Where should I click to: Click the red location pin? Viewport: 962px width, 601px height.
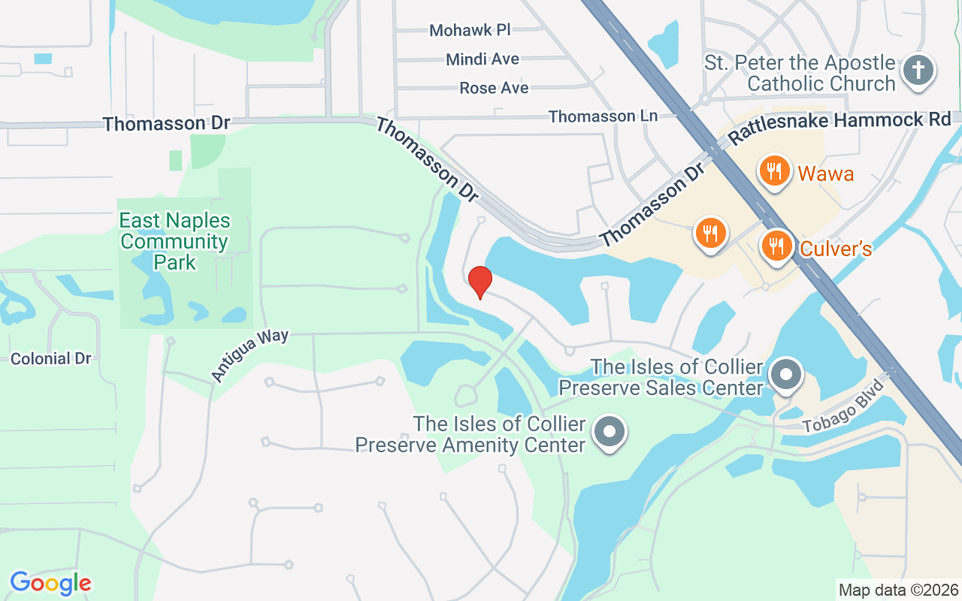(x=480, y=282)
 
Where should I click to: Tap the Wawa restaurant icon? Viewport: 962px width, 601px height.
(x=774, y=171)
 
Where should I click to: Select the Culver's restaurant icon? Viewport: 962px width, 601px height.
(x=776, y=246)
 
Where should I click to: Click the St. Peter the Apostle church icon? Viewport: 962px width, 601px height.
(x=918, y=71)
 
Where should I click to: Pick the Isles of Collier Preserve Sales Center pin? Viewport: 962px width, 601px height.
(x=787, y=373)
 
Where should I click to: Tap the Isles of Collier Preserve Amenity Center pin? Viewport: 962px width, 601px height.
(x=610, y=432)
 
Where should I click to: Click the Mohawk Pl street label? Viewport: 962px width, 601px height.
(x=470, y=31)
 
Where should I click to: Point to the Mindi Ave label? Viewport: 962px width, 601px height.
(x=482, y=59)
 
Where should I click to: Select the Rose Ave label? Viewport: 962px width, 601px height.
(x=494, y=88)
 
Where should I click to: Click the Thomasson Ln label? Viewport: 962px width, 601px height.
(x=603, y=116)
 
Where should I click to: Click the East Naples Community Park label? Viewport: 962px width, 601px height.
(x=175, y=241)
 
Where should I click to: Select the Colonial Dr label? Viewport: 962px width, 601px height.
(x=50, y=358)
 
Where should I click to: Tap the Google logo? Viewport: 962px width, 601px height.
(x=50, y=582)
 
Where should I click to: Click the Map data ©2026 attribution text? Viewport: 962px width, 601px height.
(x=898, y=590)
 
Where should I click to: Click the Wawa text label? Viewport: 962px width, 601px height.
(x=825, y=174)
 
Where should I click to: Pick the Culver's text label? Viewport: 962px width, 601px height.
(x=835, y=249)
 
